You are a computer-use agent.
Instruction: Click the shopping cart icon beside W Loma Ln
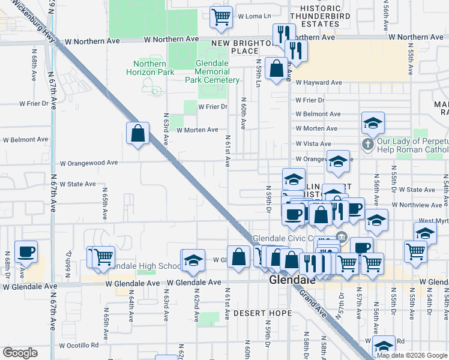[x=221, y=17]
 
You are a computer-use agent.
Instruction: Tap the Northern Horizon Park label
[x=150, y=68]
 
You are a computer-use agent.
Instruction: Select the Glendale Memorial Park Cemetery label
[x=212, y=71]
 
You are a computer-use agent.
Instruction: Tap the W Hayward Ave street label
[x=318, y=83]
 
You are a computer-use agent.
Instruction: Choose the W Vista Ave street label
[x=313, y=144]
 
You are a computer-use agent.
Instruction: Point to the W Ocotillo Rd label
[x=79, y=346]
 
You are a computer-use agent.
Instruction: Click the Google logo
[x=20, y=353]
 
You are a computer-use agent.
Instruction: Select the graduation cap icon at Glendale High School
[x=193, y=260]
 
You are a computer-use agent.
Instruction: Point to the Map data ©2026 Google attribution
[x=411, y=355]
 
